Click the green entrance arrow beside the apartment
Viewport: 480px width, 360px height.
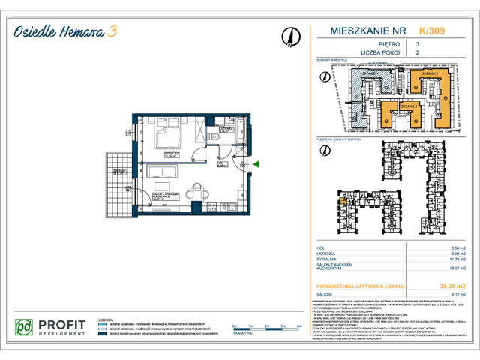click(256, 163)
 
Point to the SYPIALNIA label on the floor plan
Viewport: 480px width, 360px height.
click(174, 154)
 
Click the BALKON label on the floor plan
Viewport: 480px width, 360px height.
click(117, 171)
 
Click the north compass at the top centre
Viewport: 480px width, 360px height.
click(289, 35)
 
